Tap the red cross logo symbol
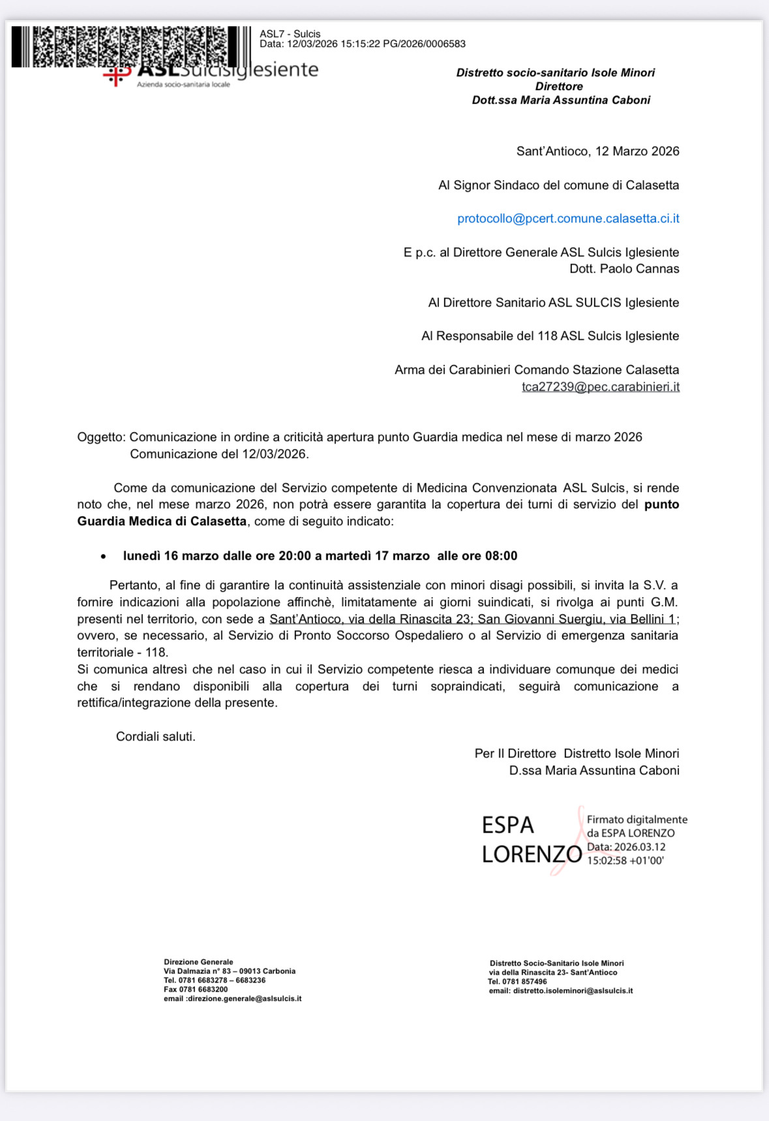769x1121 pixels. (115, 76)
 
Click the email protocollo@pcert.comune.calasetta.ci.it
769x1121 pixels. (568, 219)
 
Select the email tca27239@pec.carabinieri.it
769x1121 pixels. (600, 387)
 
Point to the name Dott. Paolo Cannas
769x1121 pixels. (624, 269)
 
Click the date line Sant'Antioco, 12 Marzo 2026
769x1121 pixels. (597, 151)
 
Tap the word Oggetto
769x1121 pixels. (100, 437)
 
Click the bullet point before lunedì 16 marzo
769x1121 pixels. (103, 557)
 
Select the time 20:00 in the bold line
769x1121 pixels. (295, 556)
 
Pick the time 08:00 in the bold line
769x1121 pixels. (500, 556)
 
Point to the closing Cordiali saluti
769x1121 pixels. (155, 737)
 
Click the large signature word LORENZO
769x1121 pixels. (532, 854)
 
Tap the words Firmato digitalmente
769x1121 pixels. (637, 820)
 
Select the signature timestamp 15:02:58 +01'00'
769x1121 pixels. (625, 861)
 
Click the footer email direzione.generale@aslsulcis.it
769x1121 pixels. (245, 998)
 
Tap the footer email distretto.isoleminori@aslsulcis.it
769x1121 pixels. (573, 990)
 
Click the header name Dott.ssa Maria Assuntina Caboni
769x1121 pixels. (561, 100)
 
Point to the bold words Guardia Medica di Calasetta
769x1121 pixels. (162, 521)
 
